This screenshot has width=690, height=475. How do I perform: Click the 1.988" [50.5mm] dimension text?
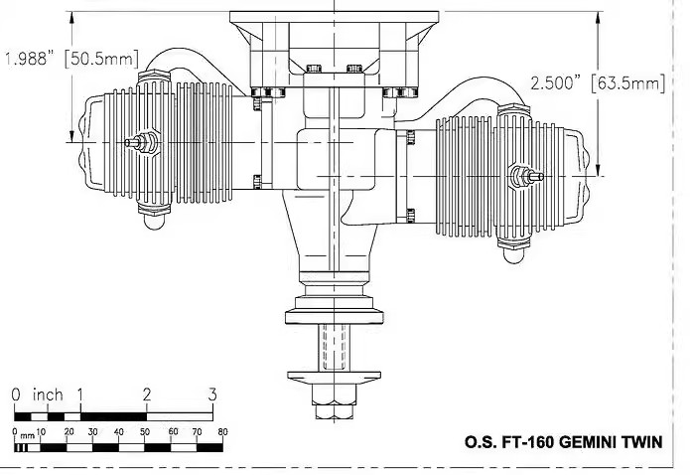point(71,59)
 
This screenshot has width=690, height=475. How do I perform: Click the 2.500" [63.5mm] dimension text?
point(597,82)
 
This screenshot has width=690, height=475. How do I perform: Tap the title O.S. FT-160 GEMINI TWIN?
point(563,441)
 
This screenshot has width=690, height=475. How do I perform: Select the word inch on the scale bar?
point(48,395)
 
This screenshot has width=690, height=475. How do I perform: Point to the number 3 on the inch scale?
point(212,395)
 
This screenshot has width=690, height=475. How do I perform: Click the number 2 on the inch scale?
point(147,395)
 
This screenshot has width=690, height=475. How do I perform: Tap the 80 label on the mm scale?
point(222,432)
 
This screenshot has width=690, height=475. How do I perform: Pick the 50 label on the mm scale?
point(145,432)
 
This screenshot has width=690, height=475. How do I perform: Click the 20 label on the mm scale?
point(69,432)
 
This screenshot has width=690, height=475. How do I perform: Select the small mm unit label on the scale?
point(27,436)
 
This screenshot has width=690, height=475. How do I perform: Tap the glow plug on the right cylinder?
point(526,176)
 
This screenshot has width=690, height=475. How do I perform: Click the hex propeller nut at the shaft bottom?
point(334,401)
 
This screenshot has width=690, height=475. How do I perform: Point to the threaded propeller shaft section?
point(334,347)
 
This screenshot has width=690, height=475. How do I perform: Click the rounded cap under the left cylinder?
point(154,222)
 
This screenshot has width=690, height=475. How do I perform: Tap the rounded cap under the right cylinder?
point(513,255)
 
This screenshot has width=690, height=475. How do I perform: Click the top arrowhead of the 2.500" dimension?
point(598,18)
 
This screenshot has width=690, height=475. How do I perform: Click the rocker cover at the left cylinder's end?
point(93,142)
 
